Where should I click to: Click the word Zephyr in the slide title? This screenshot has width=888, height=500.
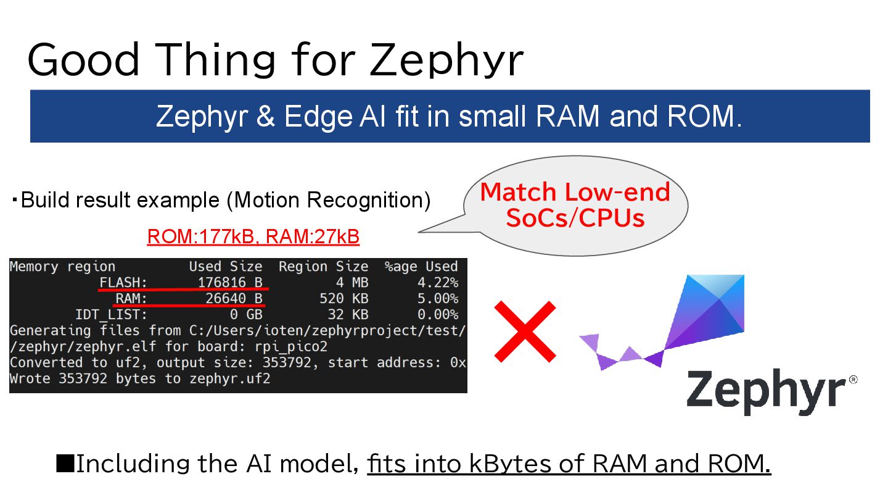point(447,60)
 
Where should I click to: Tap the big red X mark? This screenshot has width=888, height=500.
point(525,331)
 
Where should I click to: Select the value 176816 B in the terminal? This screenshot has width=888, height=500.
point(230,283)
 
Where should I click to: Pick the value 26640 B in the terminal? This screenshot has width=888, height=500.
point(234,299)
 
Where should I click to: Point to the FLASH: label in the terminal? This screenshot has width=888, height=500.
point(123,283)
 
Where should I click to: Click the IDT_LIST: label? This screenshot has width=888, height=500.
point(111,315)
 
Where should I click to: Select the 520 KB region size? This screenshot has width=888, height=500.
point(343,299)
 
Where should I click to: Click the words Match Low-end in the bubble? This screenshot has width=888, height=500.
point(575,193)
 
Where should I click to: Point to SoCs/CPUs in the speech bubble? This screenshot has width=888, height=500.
point(575,218)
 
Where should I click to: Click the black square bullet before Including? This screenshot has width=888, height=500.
point(65,463)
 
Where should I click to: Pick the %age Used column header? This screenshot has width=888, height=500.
point(421,267)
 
